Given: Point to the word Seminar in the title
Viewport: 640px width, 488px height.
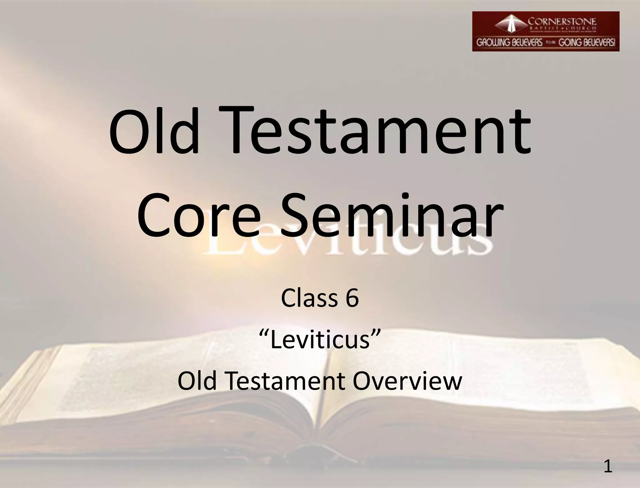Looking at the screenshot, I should (x=392, y=216).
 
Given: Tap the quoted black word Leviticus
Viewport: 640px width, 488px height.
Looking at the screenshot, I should (x=320, y=340).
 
